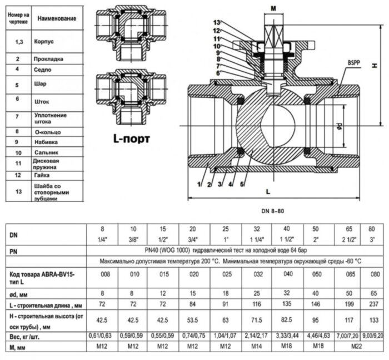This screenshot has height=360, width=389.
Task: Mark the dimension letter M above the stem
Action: (273, 8)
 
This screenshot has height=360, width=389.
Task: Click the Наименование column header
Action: (57, 18)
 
